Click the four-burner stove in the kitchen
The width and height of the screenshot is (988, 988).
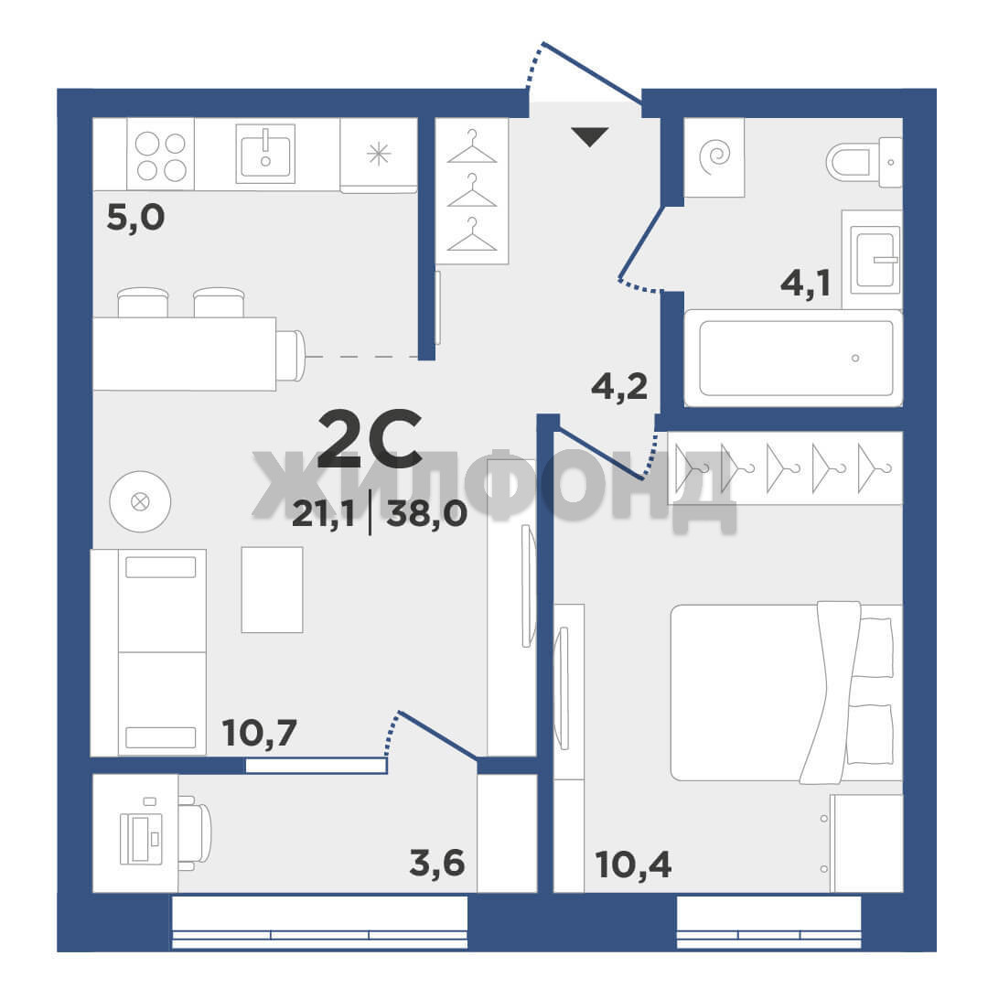pos(160,154)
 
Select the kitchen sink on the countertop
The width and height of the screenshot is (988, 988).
pos(265,153)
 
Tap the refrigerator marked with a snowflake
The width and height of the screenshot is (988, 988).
pos(379,155)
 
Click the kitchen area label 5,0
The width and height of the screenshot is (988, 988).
pos(135,218)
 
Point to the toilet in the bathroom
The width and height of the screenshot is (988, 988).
pos(864,162)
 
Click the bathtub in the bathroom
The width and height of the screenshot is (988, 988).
pos(793,358)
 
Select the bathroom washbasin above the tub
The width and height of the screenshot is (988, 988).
pos(875,259)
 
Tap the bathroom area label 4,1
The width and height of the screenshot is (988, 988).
pos(805,284)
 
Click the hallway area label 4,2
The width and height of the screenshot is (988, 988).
pos(619,386)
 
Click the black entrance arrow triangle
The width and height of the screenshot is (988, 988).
pos(590,136)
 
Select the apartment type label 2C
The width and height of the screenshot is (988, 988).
pos(370,438)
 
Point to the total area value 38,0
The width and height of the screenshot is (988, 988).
pos(426,513)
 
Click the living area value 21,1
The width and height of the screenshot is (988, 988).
pos(323,514)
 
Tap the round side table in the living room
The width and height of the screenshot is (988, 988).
pos(140,501)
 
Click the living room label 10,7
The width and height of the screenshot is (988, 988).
pos(259,733)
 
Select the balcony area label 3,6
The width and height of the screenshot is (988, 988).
pos(436,864)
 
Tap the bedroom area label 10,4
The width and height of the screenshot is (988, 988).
pos(633,864)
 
